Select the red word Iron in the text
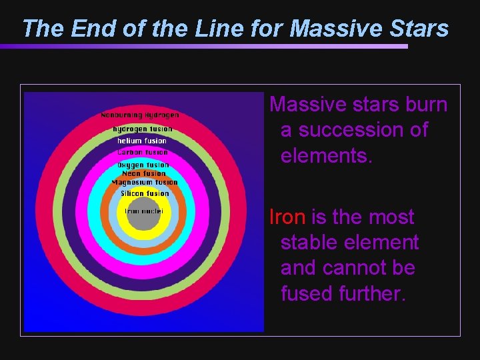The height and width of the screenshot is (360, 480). (x=287, y=217)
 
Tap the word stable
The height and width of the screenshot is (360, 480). (x=313, y=243)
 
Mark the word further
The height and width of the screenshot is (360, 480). (x=372, y=293)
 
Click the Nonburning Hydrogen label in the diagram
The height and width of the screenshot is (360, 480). (x=140, y=115)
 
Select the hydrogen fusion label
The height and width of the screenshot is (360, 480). (x=143, y=129)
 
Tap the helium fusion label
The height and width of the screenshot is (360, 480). (x=142, y=141)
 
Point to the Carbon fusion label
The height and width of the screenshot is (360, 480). (x=143, y=153)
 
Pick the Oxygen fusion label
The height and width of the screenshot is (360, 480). (x=143, y=165)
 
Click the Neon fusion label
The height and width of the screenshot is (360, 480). (x=144, y=173)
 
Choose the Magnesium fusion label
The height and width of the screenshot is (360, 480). (x=145, y=182)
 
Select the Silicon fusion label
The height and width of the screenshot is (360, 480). (x=145, y=193)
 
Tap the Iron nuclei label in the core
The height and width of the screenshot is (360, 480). (x=144, y=211)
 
